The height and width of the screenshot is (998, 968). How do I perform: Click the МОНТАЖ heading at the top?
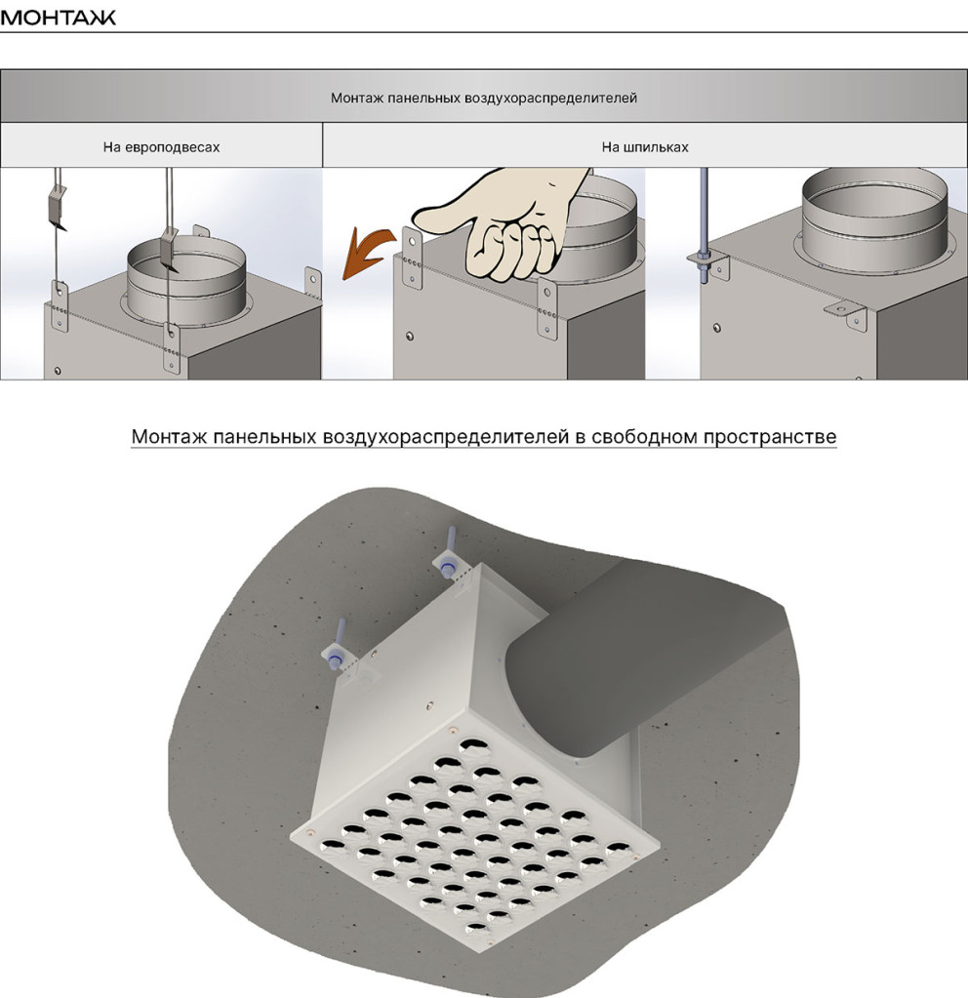tap(58, 17)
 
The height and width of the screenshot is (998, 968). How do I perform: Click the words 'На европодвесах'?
tap(161, 147)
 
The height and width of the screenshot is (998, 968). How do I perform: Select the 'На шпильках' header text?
tap(644, 147)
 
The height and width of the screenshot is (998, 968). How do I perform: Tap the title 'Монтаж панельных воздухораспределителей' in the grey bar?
tap(483, 98)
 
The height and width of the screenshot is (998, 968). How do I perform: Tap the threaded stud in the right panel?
tap(704, 225)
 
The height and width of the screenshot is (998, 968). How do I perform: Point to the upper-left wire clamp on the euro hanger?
tap(57, 208)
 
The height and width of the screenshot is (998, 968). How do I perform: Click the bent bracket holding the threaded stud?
tap(709, 264)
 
